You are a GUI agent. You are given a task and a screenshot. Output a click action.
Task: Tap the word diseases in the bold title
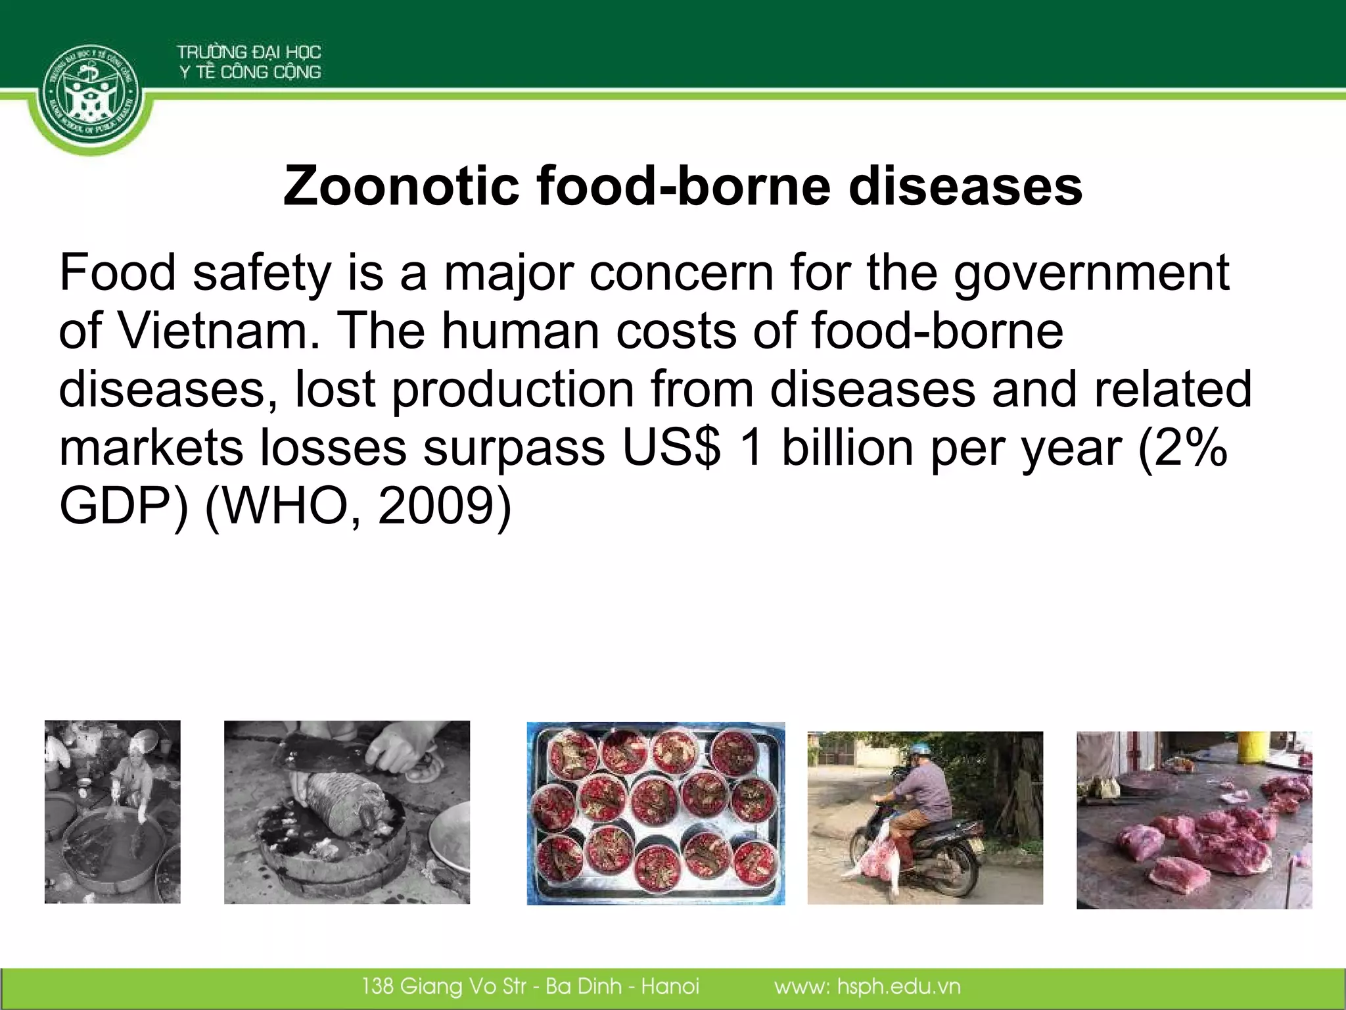click(x=965, y=186)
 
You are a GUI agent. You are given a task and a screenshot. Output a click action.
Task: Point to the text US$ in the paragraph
click(x=671, y=448)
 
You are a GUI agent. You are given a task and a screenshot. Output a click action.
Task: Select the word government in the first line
click(x=1091, y=273)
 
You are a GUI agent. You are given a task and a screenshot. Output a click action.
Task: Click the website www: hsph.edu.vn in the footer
click(x=867, y=986)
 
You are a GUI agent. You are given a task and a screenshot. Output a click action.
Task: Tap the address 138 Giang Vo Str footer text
click(x=444, y=986)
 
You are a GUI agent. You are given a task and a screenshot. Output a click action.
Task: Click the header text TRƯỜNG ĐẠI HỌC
click(x=248, y=52)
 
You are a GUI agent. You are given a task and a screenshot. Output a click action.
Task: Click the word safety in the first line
click(x=262, y=273)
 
